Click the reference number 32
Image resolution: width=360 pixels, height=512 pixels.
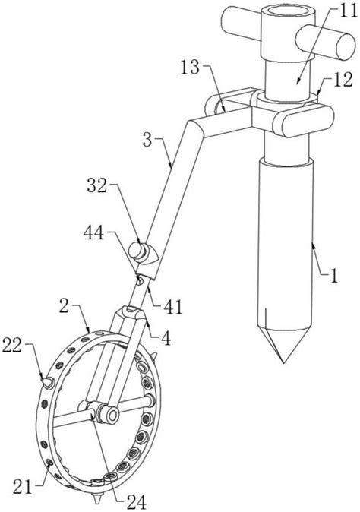pos(96,186)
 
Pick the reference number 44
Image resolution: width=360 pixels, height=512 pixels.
pos(94,234)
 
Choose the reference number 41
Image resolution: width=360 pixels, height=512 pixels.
pos(172,307)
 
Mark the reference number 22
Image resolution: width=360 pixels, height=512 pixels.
pos(11,346)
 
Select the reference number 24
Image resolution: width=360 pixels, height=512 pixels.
pos(137,502)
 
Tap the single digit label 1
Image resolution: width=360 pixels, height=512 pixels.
pos(333,276)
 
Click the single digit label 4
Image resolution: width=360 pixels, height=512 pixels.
pos(166,340)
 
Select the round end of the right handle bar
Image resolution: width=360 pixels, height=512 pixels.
pos(346,46)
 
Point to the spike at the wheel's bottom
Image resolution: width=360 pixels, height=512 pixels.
pos(96,498)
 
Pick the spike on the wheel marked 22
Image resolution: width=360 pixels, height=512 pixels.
pos(47,383)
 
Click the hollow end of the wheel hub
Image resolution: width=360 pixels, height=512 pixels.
pos(113,416)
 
